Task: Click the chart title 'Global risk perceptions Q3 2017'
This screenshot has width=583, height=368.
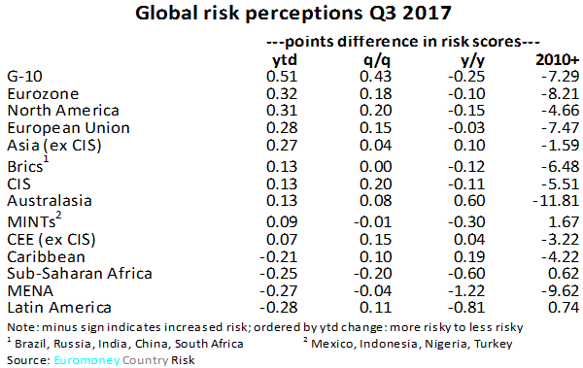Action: tap(291, 16)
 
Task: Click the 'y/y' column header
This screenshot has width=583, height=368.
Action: tap(462, 60)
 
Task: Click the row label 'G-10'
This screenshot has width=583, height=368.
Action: tap(25, 77)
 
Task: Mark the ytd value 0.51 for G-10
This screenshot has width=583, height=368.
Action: tap(283, 77)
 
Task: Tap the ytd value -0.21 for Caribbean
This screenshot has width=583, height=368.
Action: tap(280, 254)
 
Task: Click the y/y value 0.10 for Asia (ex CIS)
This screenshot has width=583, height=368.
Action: tap(462, 148)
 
